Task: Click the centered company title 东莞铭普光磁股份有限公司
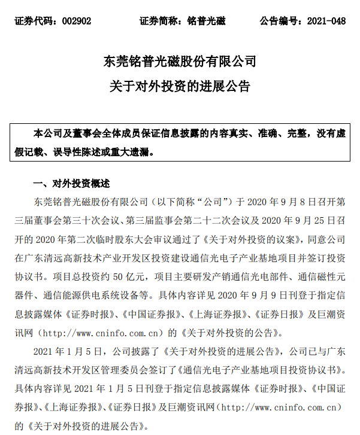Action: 180,62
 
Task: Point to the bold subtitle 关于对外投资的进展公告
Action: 180,86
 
